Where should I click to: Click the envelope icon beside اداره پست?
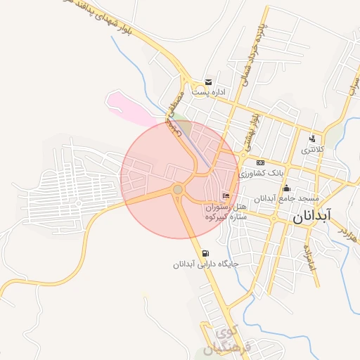point(207,82)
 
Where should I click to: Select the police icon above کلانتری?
point(312,138)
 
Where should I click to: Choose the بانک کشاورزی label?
point(261,173)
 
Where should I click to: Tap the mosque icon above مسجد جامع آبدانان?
point(286,188)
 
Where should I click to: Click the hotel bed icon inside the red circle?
point(226,195)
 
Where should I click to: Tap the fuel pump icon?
point(205,253)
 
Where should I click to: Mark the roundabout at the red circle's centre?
point(178,190)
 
